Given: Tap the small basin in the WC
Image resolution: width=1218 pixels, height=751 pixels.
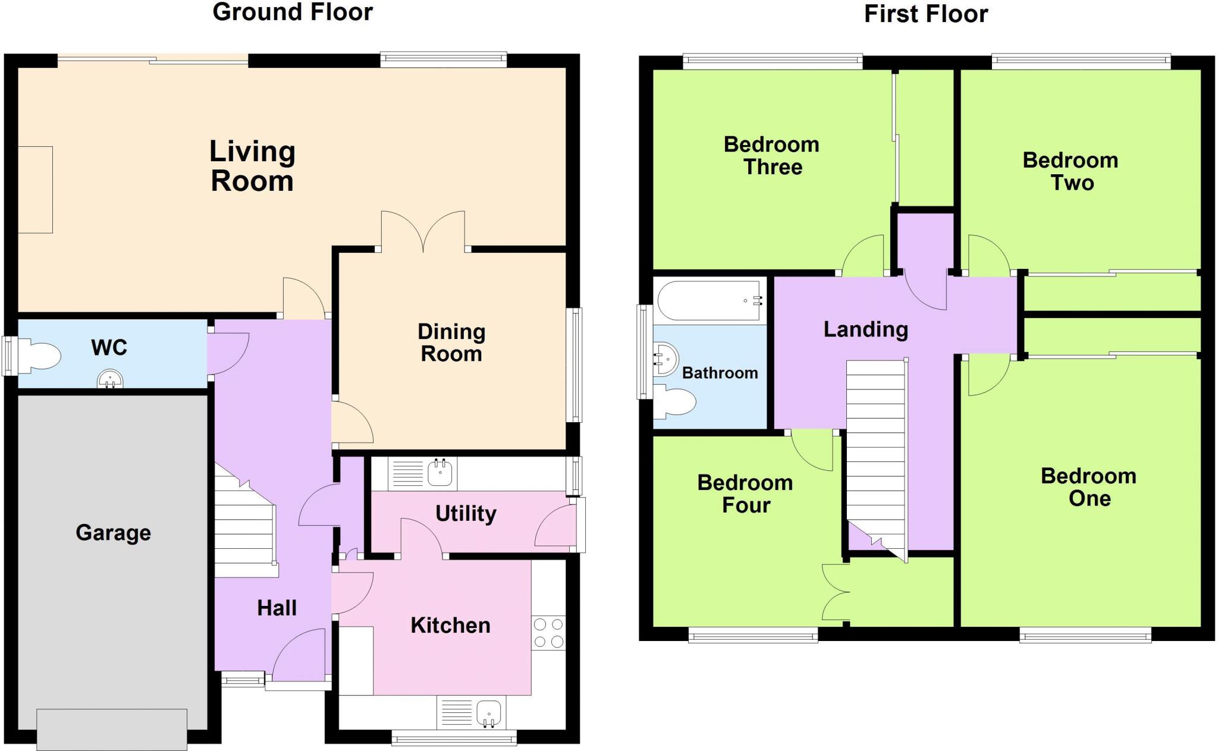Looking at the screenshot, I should click(x=110, y=379).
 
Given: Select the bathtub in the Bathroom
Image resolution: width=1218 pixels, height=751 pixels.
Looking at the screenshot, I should click(x=709, y=301).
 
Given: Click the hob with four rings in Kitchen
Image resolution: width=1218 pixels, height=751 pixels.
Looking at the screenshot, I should click(x=548, y=633).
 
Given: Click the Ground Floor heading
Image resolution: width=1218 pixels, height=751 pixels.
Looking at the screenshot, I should click(x=293, y=12).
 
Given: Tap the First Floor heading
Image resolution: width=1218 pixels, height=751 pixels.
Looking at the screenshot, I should click(x=925, y=14).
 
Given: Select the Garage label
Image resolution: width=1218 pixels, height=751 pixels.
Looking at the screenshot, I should click(x=113, y=532).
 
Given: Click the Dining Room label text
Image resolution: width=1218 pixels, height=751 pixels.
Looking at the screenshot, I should click(x=451, y=342).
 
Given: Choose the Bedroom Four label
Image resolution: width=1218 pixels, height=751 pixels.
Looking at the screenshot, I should click(x=745, y=494).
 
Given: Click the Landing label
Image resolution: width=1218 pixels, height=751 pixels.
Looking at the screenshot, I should click(x=865, y=329).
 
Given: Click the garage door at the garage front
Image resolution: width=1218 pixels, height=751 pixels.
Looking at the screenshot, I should click(x=112, y=728).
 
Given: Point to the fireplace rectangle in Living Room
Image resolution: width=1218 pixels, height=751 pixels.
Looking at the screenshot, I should click(x=35, y=190).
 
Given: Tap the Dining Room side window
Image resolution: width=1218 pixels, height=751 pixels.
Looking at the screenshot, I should click(x=574, y=364).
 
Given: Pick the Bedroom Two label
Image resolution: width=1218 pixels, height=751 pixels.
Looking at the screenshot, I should click(x=1071, y=171).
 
